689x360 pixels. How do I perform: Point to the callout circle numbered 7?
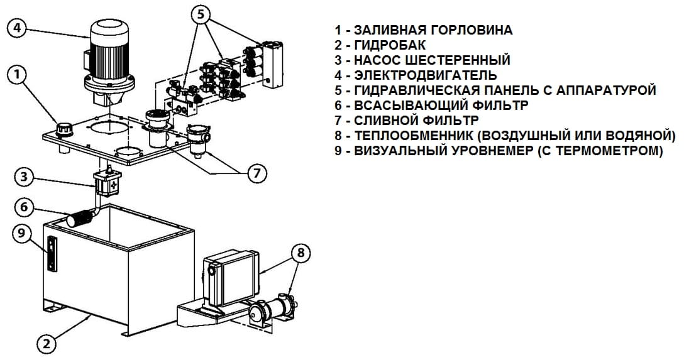coord(256,173)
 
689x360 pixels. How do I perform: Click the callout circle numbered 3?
coord(24,177)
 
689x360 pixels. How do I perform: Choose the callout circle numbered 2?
coord(46,344)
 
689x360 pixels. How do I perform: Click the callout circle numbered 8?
coord(301,253)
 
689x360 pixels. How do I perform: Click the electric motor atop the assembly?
coord(110,53)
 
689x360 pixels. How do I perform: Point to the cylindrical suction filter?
coord(80,219)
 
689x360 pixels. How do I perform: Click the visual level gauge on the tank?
coord(51,253)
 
